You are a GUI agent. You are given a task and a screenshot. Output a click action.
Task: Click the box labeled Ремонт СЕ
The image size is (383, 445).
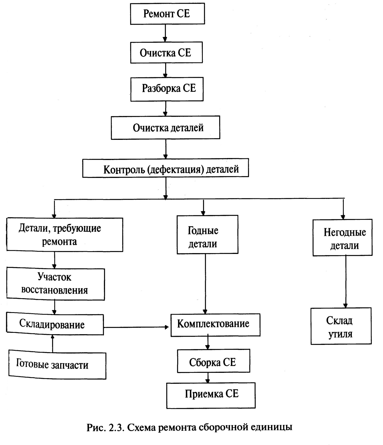(x=167, y=14)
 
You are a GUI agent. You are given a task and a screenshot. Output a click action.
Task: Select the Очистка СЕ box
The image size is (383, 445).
(x=167, y=52)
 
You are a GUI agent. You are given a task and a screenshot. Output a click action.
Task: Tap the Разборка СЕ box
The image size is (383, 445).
(x=167, y=89)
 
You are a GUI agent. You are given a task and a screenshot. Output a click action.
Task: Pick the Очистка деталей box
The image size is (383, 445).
(x=165, y=127)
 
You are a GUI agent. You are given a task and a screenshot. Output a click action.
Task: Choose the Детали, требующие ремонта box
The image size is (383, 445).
(x=65, y=235)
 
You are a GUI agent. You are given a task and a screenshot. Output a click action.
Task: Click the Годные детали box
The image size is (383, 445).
(x=207, y=235)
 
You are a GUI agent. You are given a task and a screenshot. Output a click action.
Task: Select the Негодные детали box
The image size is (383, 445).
(x=342, y=238)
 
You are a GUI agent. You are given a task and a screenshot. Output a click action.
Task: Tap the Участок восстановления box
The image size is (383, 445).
(x=56, y=284)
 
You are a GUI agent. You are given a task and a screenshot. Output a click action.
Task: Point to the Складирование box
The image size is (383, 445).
(x=55, y=325)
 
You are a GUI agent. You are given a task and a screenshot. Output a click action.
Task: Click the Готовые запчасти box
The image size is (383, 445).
(x=57, y=364)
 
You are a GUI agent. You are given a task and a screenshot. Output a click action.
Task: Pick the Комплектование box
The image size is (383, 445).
(x=215, y=325)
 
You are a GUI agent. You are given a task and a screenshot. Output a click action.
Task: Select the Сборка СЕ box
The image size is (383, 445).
(x=214, y=361)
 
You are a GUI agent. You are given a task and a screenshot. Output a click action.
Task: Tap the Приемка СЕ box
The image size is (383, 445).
(x=211, y=395)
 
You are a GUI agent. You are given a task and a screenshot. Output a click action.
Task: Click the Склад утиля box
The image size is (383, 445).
(x=341, y=326)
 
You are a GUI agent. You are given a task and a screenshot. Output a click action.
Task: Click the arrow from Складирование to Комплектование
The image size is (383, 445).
(x=136, y=327)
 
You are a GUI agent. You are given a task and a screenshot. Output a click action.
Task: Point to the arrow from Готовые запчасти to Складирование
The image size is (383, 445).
(x=53, y=343)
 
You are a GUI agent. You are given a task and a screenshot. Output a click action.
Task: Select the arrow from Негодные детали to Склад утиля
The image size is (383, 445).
(x=346, y=282)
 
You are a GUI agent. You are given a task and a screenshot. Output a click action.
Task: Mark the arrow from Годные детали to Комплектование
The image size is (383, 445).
(x=205, y=284)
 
